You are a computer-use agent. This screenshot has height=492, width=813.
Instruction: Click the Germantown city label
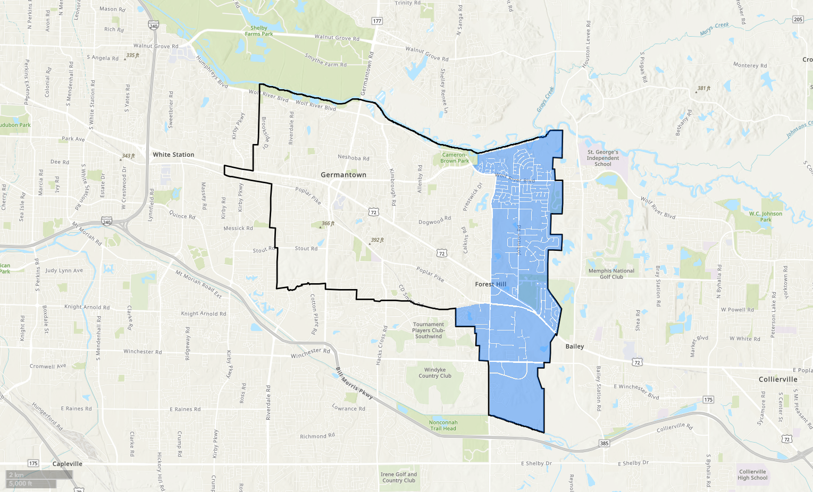point(343,175)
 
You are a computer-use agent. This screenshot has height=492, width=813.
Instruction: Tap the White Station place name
point(173,155)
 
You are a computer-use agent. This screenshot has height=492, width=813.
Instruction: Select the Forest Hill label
point(490,284)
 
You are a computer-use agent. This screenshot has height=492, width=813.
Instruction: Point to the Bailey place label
point(574,346)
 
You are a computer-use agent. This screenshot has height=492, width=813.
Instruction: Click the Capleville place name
point(68,464)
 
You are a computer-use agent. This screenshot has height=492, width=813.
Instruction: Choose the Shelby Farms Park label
point(259,31)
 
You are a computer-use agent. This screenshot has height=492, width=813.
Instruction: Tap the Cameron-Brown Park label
point(455,158)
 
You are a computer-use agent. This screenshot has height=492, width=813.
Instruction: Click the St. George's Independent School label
point(602,158)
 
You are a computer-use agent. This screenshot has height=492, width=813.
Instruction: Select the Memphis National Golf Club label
point(611,274)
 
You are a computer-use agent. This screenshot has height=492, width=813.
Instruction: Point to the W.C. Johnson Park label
point(766,216)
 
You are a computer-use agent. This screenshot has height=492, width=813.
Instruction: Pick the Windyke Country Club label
point(435,373)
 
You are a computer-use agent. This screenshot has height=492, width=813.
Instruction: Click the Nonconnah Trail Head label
point(443,426)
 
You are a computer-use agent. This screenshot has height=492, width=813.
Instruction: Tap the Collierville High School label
point(752,474)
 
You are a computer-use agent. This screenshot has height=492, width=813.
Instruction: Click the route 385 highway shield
point(604,443)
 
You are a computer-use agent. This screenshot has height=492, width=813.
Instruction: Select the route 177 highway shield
point(377,21)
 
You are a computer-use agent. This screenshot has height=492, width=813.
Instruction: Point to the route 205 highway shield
point(798,19)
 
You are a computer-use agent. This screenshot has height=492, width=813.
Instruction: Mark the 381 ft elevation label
point(704,88)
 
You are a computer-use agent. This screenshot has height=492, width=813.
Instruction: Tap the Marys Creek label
point(714,29)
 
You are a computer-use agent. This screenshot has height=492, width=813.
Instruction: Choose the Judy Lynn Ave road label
point(64,270)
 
